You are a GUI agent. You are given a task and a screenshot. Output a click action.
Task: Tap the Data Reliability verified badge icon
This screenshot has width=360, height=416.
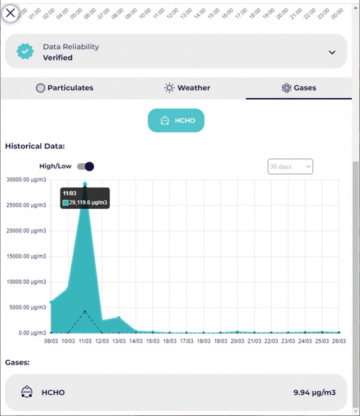(x=25, y=52)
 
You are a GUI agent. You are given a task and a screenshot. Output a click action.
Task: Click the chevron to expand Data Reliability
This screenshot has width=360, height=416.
(x=332, y=52)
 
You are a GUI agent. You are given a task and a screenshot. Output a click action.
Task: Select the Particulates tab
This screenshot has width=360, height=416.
(x=65, y=88)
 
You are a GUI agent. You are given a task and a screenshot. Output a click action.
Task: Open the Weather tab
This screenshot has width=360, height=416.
(x=187, y=88)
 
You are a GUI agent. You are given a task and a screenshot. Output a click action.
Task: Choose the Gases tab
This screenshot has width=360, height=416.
(x=299, y=88)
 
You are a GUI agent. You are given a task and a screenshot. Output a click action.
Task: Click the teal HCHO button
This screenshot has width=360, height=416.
(x=176, y=121)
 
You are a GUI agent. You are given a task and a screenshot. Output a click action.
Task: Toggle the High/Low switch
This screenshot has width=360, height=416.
(x=86, y=166)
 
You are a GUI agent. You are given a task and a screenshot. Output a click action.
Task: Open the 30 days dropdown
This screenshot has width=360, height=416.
(x=290, y=166)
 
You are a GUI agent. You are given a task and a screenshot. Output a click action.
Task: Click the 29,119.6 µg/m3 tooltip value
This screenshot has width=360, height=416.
(x=89, y=203)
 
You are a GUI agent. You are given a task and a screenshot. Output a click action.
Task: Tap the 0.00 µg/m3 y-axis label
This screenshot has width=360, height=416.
(x=31, y=333)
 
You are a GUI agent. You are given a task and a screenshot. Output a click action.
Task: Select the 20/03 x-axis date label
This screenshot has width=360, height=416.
(x=238, y=342)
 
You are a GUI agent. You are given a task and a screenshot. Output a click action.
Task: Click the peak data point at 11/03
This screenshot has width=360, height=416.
(x=85, y=184)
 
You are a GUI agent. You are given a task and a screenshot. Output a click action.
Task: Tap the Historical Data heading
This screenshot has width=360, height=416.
(x=34, y=146)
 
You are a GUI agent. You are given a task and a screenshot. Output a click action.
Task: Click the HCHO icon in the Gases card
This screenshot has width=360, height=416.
(x=26, y=393)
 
